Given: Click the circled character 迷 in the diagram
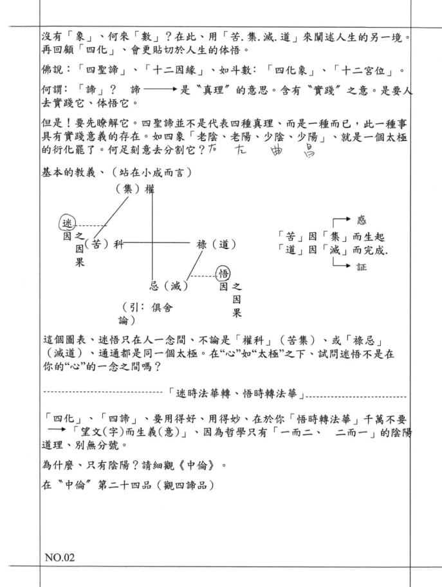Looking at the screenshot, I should pos(66,222).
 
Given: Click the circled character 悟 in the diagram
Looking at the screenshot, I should pos(223,274).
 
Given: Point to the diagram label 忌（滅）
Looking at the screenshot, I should pos(170,283).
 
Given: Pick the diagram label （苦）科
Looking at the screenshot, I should pos(102,244).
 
